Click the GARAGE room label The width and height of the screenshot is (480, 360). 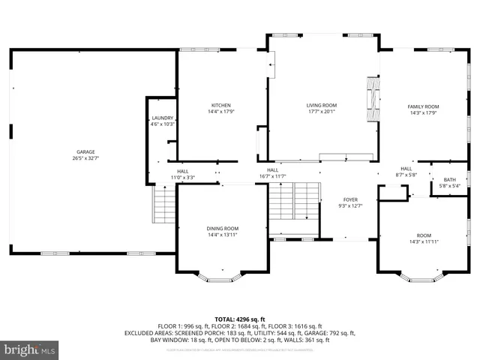click(x=85, y=152)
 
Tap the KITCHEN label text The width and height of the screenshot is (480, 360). click(x=220, y=105)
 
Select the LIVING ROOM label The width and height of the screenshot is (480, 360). click(x=321, y=105)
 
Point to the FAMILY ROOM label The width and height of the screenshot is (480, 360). click(x=423, y=106)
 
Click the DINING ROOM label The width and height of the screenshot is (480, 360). click(x=222, y=228)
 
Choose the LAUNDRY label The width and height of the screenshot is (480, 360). click(x=163, y=118)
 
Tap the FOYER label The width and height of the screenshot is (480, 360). click(x=350, y=199)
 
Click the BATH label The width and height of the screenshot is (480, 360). click(x=449, y=179)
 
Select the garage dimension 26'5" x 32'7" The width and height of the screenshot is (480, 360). click(x=85, y=158)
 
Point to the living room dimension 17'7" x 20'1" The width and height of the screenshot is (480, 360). click(x=321, y=112)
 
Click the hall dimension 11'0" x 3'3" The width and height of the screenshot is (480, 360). click(x=182, y=178)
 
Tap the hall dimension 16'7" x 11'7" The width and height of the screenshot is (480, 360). click(x=273, y=176)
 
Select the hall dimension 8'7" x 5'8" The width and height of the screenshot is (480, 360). click(x=406, y=175)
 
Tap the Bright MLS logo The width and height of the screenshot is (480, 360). click(x=30, y=349)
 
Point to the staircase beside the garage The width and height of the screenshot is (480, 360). click(x=163, y=204)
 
